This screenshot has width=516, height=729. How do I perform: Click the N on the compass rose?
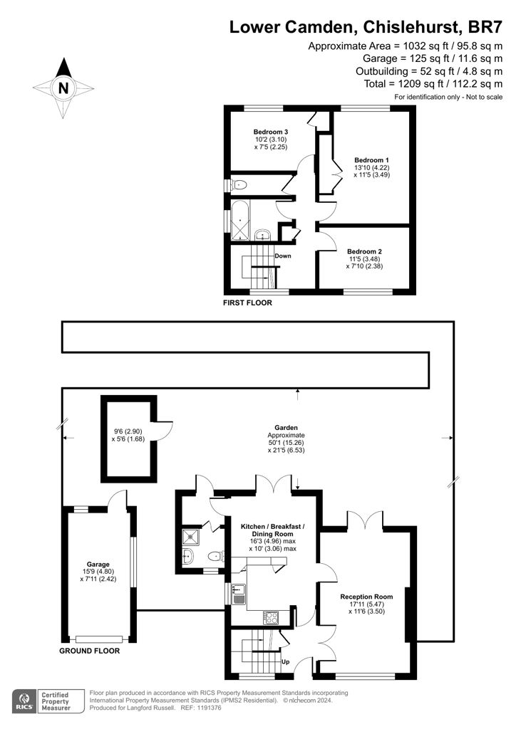(63, 88)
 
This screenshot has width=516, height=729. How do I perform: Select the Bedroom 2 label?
(364, 251)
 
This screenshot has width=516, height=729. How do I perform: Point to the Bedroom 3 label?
(271, 132)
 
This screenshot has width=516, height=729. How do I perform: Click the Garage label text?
(98, 565)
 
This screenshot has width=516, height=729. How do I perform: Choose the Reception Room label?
(366, 597)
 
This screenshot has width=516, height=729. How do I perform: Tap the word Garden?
(286, 428)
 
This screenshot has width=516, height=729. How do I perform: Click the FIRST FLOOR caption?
(247, 303)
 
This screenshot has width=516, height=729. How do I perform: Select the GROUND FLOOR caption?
(89, 651)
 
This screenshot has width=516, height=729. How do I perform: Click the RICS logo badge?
(24, 701)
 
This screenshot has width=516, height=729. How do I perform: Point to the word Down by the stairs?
(283, 256)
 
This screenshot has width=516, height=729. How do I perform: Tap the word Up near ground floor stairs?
(286, 661)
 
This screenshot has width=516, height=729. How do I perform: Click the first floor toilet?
(238, 185)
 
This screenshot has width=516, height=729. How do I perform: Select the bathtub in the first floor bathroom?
(241, 220)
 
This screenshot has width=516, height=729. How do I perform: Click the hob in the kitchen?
(271, 617)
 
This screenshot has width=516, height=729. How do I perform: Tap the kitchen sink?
(239, 594)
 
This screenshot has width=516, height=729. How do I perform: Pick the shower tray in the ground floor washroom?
(191, 537)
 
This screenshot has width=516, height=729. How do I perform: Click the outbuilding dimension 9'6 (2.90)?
(128, 431)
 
